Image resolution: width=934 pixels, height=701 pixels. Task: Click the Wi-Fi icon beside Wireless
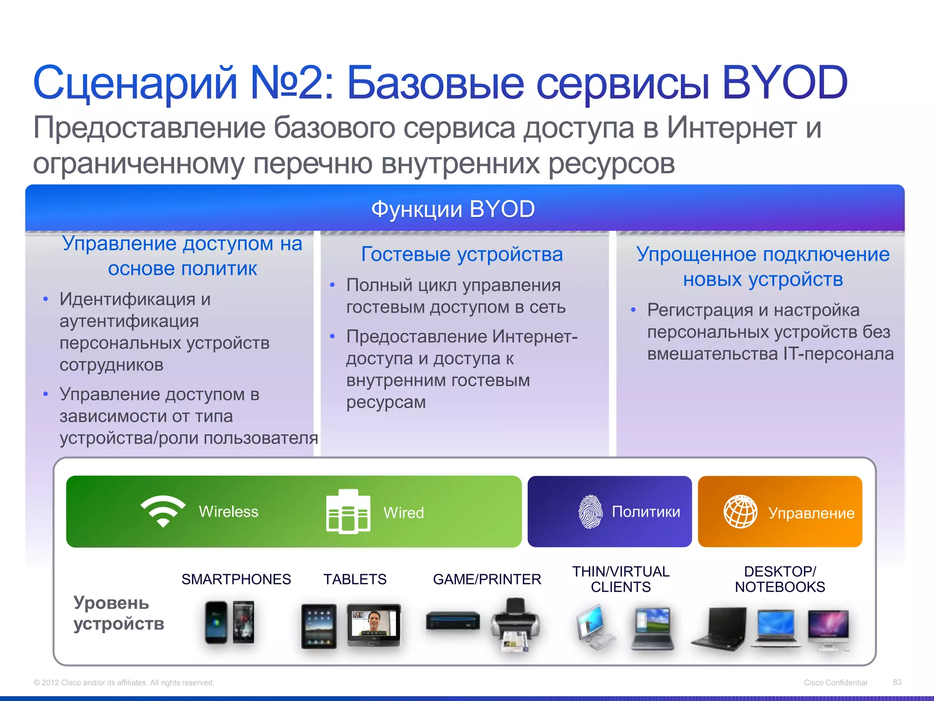click(x=163, y=511)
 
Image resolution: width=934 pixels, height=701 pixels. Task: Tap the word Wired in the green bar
click(x=404, y=513)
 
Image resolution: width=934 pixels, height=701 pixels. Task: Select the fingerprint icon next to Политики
click(x=590, y=512)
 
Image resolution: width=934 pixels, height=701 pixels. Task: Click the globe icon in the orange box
click(x=740, y=512)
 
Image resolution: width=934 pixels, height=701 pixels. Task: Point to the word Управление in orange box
click(x=811, y=513)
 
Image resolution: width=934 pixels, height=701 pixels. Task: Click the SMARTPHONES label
click(x=236, y=579)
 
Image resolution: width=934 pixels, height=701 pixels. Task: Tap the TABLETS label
click(x=355, y=579)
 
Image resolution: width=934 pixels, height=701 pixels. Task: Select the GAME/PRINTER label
click(x=487, y=579)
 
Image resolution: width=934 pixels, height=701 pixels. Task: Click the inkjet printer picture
click(x=515, y=625)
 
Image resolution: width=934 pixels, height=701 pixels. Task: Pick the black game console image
click(x=453, y=621)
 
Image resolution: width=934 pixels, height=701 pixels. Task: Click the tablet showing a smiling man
click(x=374, y=624)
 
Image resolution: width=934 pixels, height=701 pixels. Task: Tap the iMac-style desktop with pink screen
click(x=828, y=629)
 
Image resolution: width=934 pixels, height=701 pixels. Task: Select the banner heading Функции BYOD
click(x=453, y=209)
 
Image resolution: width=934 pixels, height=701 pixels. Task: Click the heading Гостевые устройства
click(x=462, y=254)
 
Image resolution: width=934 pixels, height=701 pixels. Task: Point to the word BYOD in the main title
click(x=784, y=83)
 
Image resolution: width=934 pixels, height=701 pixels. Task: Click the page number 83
click(x=897, y=682)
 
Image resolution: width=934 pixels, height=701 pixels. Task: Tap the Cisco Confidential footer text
click(x=835, y=682)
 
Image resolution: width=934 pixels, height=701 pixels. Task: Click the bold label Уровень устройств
click(x=118, y=613)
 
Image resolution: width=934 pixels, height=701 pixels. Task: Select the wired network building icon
click(x=348, y=512)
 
